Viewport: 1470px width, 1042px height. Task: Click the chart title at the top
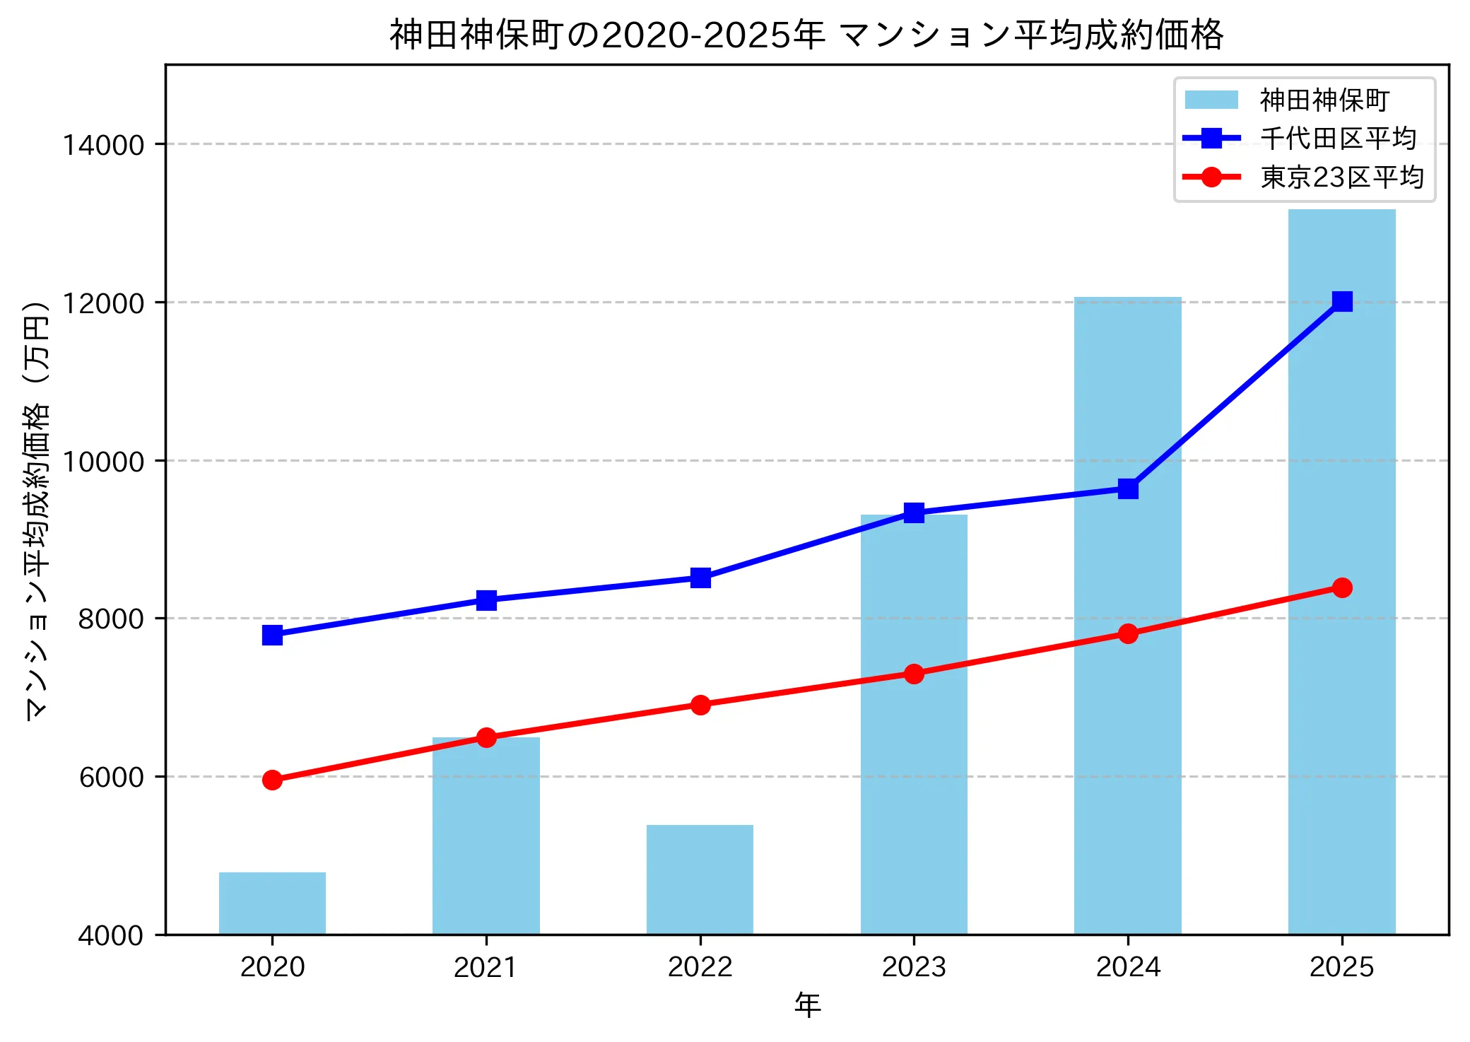coord(806,35)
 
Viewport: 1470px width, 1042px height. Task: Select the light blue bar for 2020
coord(272,903)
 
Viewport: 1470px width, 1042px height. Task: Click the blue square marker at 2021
coord(486,600)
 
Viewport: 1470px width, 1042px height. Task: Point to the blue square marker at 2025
coord(1342,301)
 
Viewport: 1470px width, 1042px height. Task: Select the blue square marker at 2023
coord(914,513)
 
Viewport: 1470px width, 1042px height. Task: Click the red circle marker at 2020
coord(272,780)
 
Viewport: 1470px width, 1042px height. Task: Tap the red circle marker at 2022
coord(700,705)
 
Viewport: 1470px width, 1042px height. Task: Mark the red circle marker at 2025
coord(1342,587)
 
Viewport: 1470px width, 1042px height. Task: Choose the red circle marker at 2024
coord(1128,633)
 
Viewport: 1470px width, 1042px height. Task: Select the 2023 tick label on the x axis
coord(914,967)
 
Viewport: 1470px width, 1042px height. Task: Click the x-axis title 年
coord(807,1005)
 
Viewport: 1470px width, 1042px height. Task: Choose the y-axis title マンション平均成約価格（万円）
coord(37,509)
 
